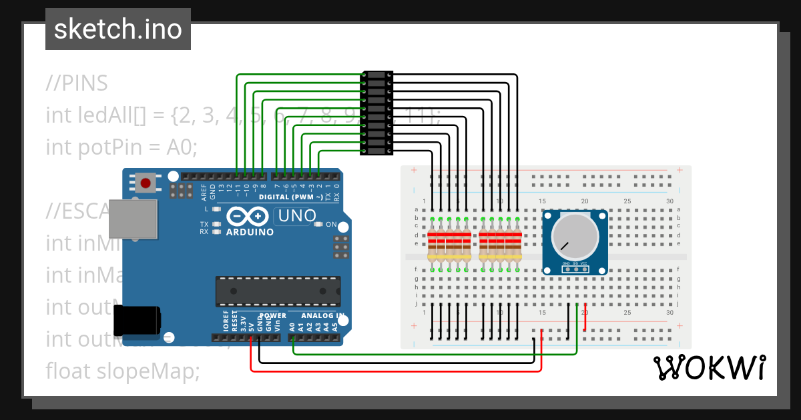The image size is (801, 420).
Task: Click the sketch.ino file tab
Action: tap(117, 29)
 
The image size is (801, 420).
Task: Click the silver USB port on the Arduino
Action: tap(133, 218)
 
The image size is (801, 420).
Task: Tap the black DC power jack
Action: tap(136, 320)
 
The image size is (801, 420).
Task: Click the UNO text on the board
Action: tap(296, 215)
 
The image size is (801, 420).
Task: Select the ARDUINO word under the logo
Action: tap(250, 232)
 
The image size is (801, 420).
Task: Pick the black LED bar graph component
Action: tap(376, 114)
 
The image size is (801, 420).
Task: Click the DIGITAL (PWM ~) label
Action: tap(292, 197)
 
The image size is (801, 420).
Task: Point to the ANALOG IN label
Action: tap(322, 315)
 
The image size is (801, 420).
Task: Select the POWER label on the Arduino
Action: tap(272, 315)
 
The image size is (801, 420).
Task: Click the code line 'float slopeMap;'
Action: tap(123, 371)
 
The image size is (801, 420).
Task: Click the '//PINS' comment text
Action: tap(77, 84)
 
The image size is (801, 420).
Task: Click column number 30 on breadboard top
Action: tap(670, 201)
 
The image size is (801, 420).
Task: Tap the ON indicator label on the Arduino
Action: tap(331, 225)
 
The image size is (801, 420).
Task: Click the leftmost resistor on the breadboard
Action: tap(432, 245)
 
